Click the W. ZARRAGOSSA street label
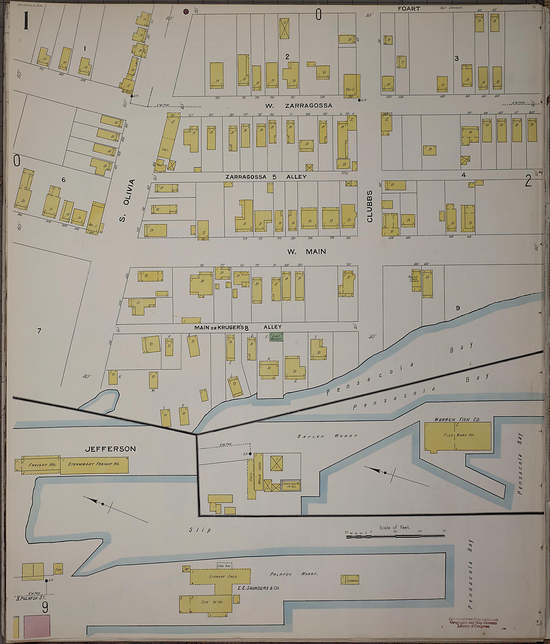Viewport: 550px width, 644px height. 298,105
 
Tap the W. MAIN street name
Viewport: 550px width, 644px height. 306,251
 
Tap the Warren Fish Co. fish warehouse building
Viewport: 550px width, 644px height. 458,436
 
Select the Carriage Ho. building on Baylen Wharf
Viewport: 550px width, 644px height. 291,485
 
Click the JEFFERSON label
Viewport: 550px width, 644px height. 111,449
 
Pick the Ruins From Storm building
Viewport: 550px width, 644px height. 416,281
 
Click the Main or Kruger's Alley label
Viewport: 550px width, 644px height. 238,327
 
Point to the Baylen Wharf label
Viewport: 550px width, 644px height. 327,436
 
